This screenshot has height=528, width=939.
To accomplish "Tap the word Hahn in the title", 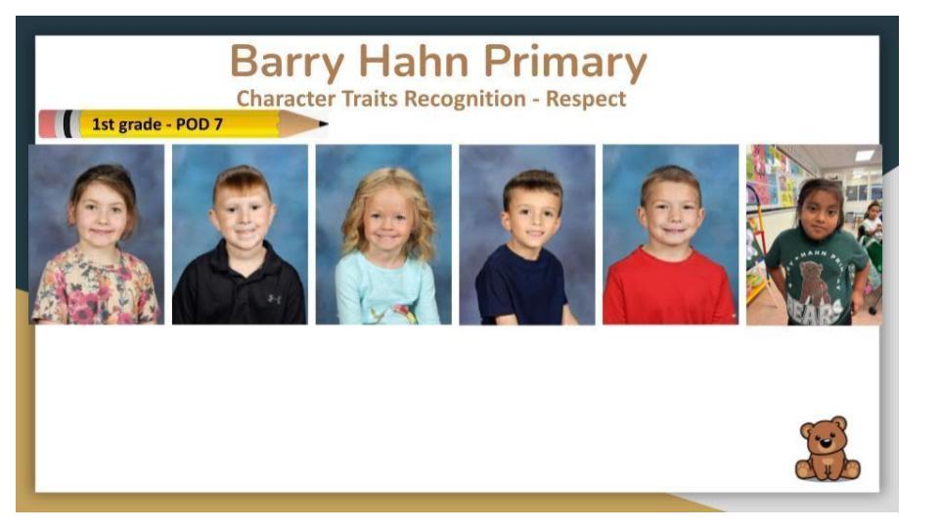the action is pyautogui.click(x=413, y=61).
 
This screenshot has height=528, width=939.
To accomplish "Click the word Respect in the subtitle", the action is pyautogui.click(x=586, y=100).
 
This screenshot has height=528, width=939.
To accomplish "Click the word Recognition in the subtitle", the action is pyautogui.click(x=465, y=100).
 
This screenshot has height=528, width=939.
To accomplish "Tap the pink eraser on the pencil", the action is pyautogui.click(x=47, y=124).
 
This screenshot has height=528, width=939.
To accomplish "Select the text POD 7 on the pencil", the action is pyautogui.click(x=199, y=124).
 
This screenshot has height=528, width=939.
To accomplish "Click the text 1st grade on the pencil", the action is pyautogui.click(x=126, y=124).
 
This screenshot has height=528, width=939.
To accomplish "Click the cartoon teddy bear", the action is pyautogui.click(x=827, y=449).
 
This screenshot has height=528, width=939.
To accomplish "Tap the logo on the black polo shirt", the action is pyautogui.click(x=274, y=298).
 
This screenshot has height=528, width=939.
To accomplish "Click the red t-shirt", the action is pyautogui.click(x=669, y=288).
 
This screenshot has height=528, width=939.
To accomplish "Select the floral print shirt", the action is pyautogui.click(x=96, y=287).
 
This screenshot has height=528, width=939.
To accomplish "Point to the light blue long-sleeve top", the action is pyautogui.click(x=387, y=289).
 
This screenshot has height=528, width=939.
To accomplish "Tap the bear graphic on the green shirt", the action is pyautogui.click(x=813, y=283).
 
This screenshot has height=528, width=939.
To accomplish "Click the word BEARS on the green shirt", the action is pyautogui.click(x=815, y=311).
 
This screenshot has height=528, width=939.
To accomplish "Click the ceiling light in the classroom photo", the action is pyautogui.click(x=864, y=155).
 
